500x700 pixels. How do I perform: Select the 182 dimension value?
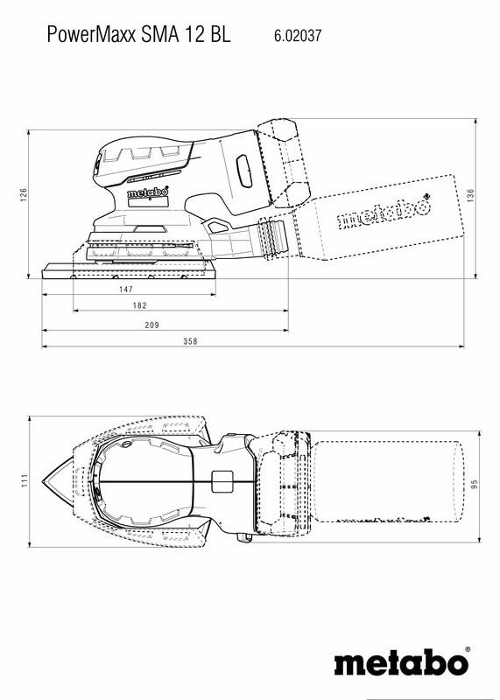click(x=140, y=305)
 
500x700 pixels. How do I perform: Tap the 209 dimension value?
click(x=151, y=325)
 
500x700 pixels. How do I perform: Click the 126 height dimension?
click(x=25, y=193)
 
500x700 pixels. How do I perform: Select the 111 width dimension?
click(x=25, y=479)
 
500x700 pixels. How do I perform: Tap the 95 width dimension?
click(x=472, y=483)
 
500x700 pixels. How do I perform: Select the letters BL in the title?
click(x=220, y=36)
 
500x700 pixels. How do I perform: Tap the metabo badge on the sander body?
click(x=144, y=192)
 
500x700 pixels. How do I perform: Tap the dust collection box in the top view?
click(x=385, y=481)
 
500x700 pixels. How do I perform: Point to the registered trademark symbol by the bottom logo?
click(x=467, y=648)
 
